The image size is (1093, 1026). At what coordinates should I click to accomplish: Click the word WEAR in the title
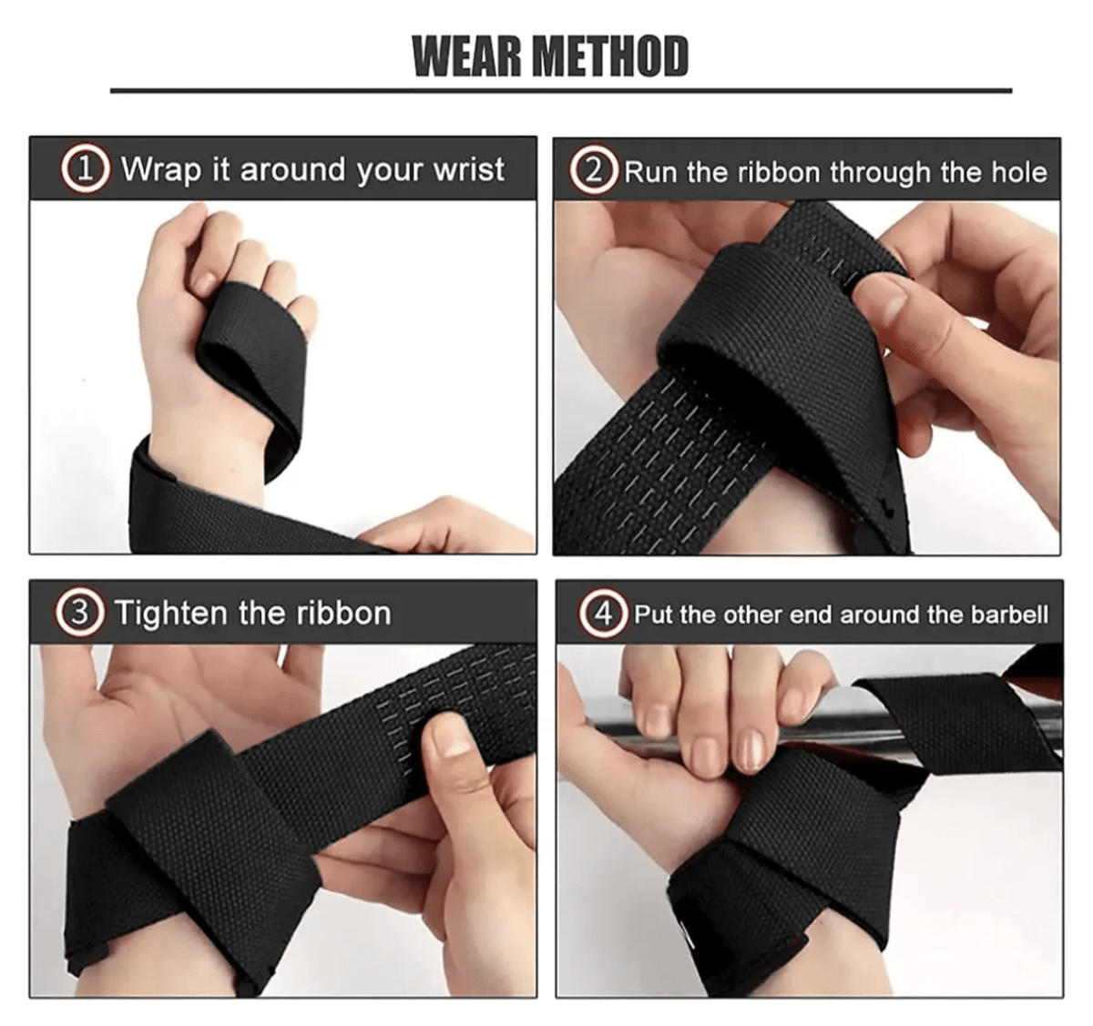coord(465,56)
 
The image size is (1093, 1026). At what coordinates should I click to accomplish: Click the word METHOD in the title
coord(610,56)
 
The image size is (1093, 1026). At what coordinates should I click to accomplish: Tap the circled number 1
coord(85,170)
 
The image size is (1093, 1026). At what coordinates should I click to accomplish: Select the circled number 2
coord(594,171)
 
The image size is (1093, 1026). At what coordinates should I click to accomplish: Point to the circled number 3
coord(80,613)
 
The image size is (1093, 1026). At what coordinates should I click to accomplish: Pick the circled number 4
coord(603,614)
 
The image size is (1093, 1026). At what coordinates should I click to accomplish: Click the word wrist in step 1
coord(469,170)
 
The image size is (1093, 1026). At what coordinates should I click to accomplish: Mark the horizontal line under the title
coord(560,90)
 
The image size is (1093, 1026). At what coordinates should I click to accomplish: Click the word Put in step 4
coord(653,615)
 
